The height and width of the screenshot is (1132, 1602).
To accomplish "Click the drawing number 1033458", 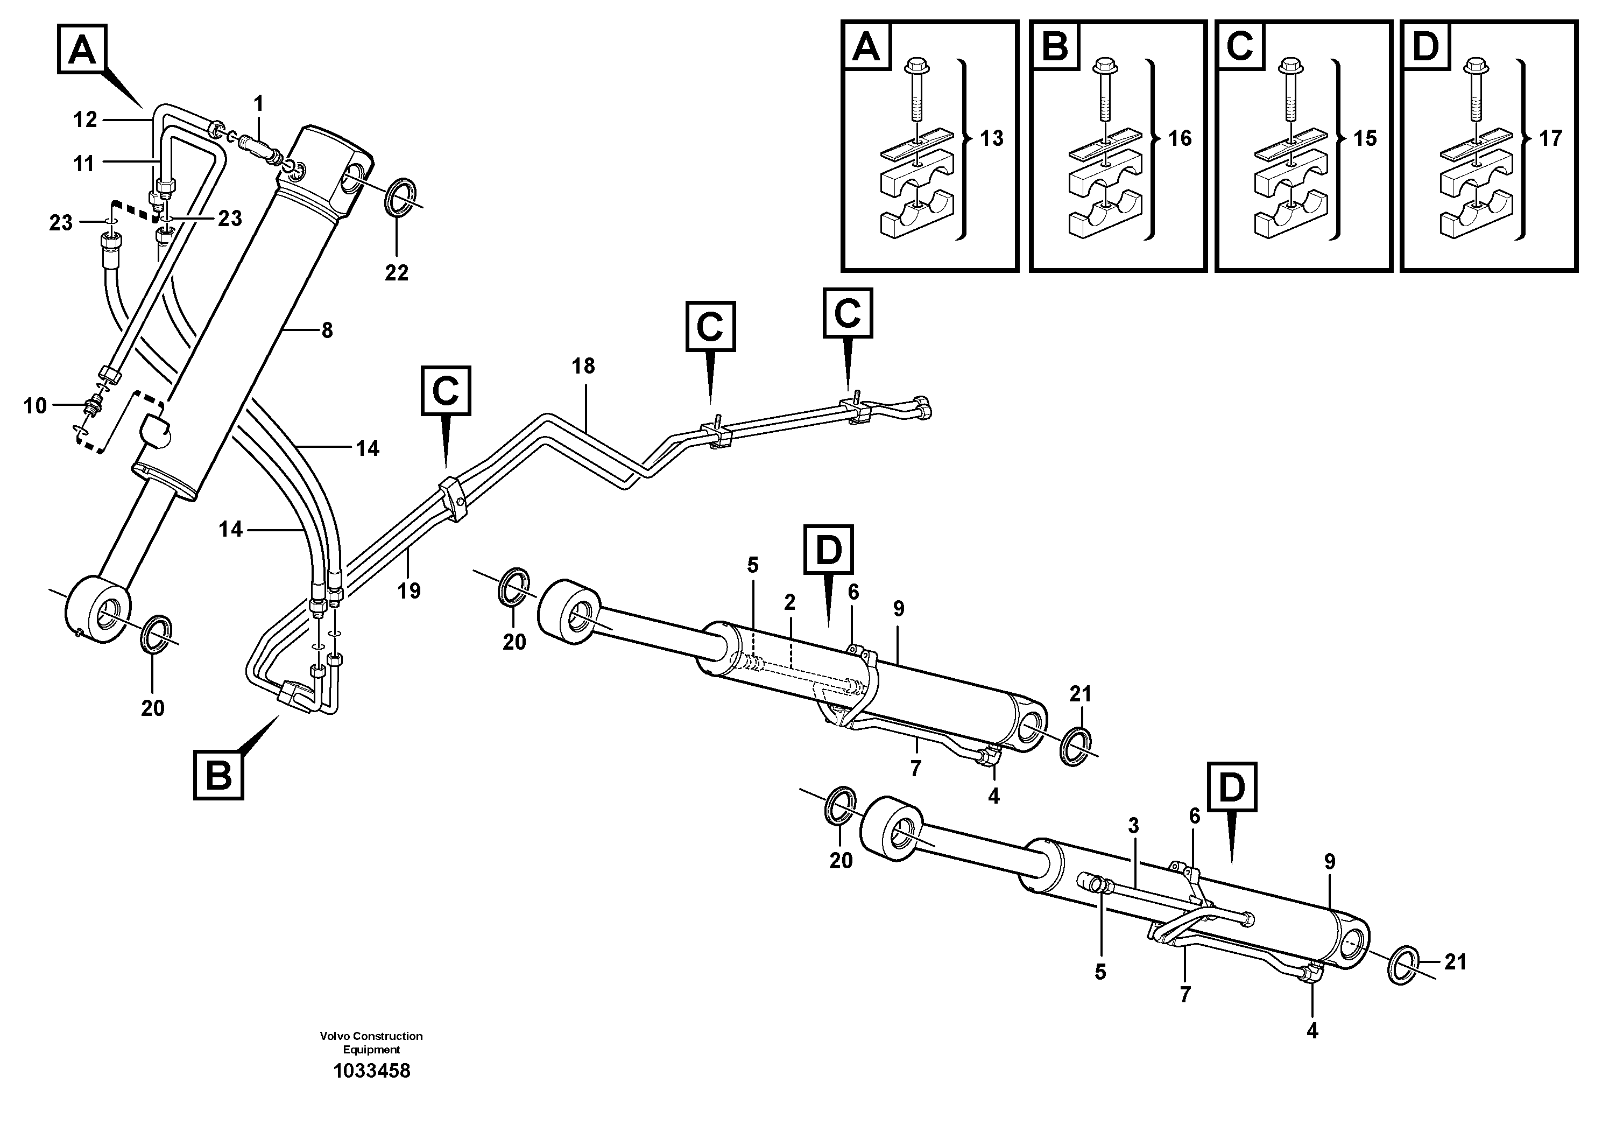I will (x=371, y=1071).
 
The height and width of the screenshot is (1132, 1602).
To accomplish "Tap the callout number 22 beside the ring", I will (x=396, y=273).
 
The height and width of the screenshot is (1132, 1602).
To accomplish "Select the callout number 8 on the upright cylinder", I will (x=327, y=331).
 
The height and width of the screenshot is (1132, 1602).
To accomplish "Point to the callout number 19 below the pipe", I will (x=409, y=591).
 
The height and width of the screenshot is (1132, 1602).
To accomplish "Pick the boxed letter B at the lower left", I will (x=219, y=775).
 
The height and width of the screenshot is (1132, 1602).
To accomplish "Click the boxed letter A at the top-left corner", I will (x=82, y=50).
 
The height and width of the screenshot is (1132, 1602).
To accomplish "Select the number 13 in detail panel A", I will (x=991, y=138).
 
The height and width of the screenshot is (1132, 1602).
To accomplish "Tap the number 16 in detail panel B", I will (x=1180, y=138).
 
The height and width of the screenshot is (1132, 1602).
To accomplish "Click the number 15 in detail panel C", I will (x=1365, y=138).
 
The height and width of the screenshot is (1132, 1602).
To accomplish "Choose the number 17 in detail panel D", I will (x=1550, y=138).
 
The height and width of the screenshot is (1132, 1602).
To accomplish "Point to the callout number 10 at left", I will (x=35, y=405).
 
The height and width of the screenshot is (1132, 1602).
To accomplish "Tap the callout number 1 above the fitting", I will (x=259, y=104).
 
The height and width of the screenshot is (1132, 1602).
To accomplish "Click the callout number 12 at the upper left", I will (x=85, y=120).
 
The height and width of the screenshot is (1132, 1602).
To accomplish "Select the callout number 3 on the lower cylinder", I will (x=1133, y=826).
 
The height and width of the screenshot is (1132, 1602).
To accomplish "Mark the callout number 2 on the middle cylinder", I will (x=789, y=603).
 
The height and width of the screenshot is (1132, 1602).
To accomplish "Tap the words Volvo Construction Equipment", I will (x=371, y=1043).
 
